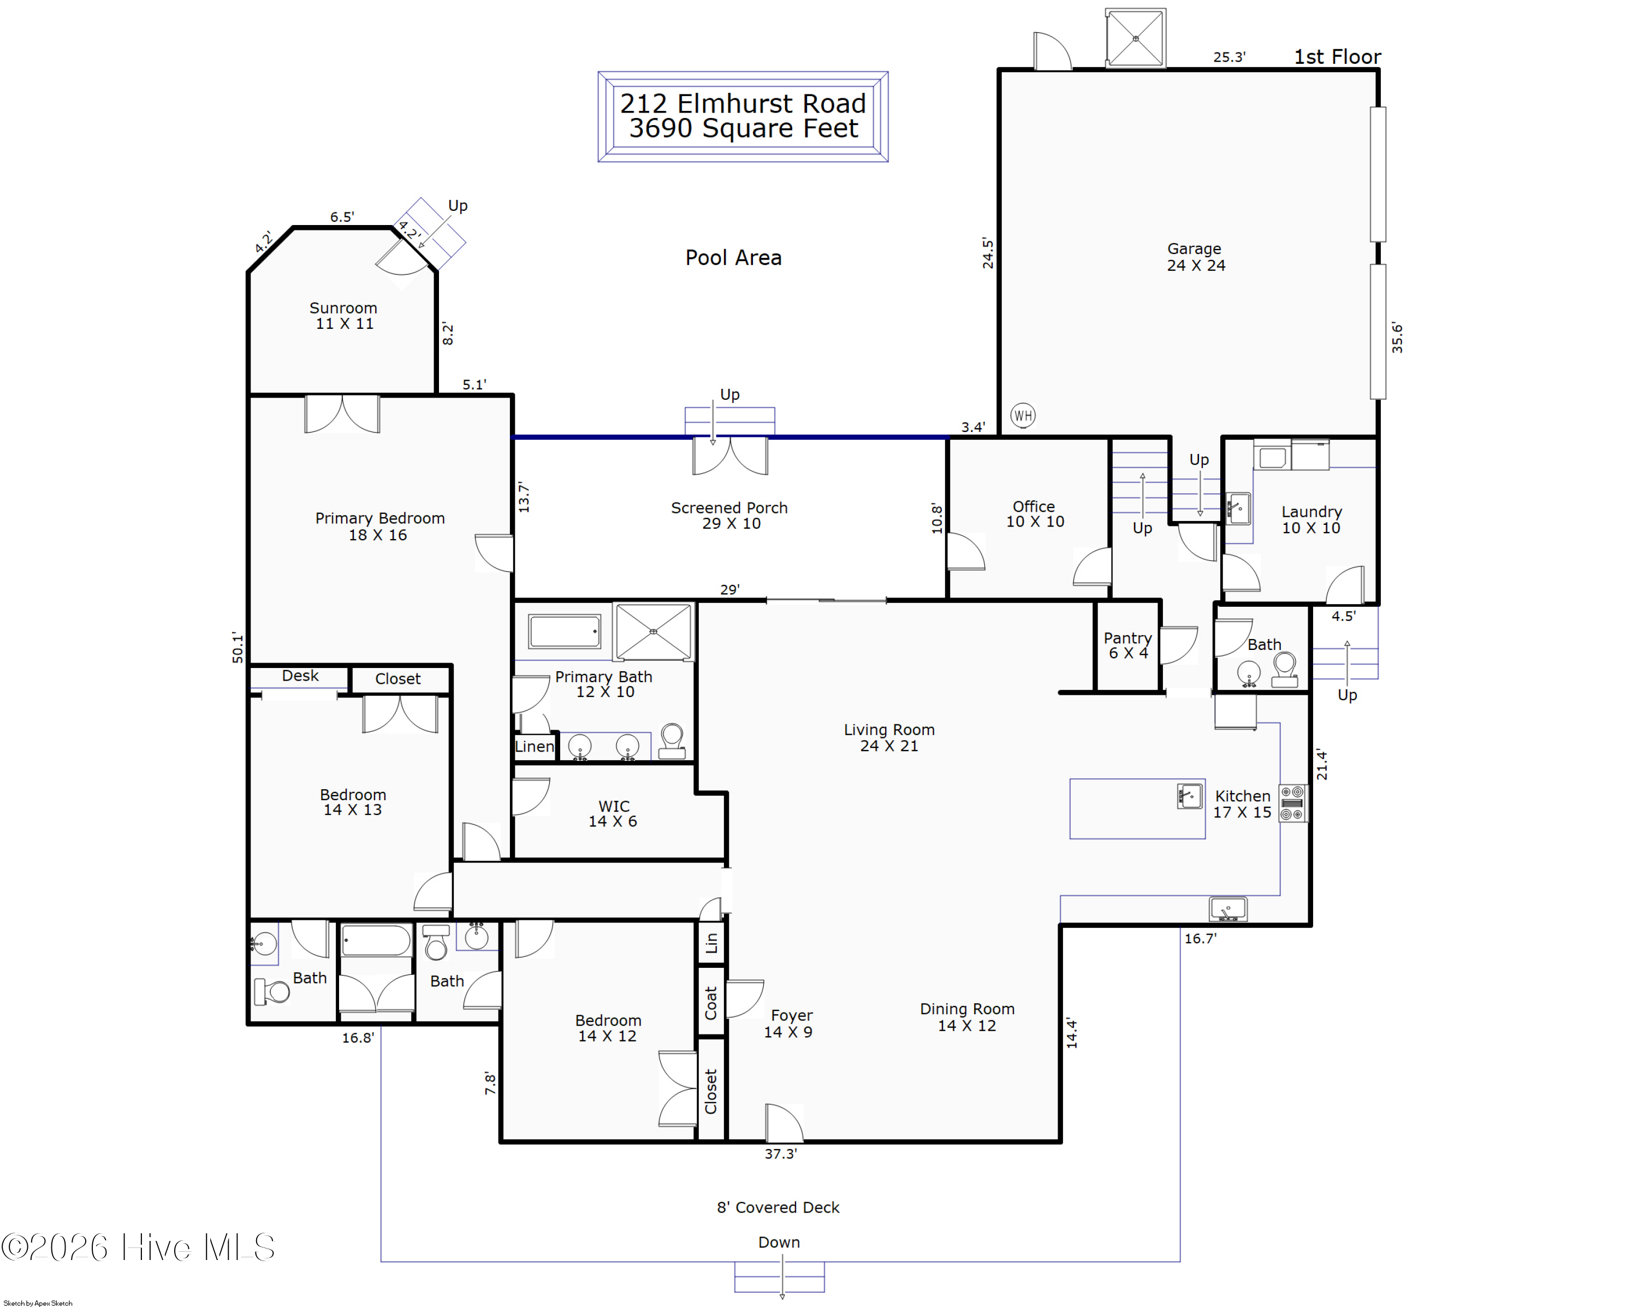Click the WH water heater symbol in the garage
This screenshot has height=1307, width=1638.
[x=1023, y=415]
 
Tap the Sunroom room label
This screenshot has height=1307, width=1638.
[x=343, y=307]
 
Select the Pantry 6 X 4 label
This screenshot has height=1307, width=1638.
[x=1127, y=645]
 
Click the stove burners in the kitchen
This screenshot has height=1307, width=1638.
[x=1292, y=803]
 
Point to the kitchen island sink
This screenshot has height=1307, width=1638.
[x=1190, y=796]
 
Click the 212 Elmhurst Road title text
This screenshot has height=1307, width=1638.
[x=743, y=103]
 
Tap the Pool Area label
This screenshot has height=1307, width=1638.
[x=733, y=258]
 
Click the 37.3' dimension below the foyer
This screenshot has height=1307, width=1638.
[x=780, y=1154]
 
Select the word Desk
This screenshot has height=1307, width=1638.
[x=300, y=676]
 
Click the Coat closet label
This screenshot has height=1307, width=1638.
[x=711, y=1003]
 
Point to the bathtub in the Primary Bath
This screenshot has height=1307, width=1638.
[x=565, y=631]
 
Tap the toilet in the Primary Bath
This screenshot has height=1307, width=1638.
[x=672, y=741]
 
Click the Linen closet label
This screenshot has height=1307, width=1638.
[x=534, y=746]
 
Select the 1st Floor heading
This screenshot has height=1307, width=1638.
[x=1337, y=57]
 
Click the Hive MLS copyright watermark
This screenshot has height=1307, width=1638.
[x=138, y=1247]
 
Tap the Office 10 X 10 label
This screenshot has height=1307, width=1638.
[x=1034, y=514]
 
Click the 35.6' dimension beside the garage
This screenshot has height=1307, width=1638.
[x=1397, y=338]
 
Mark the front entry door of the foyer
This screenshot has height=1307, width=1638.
[x=784, y=1123]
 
